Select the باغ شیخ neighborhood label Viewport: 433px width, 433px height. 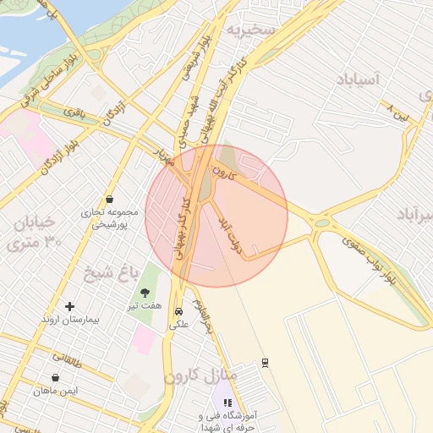click(109, 272)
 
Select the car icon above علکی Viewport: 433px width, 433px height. click(178, 310)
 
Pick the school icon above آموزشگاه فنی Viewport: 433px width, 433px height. click(227, 403)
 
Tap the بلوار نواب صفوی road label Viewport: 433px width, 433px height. click(370, 257)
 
